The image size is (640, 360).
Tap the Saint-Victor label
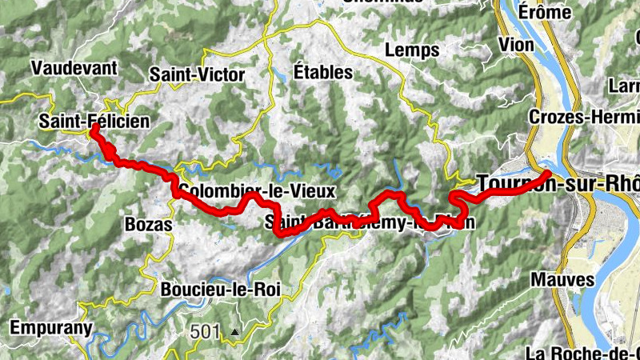coord(197,74)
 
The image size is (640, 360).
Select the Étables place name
coord(322,71)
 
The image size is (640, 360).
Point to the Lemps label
coord(412,50)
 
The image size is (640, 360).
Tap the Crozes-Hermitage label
coord(584,117)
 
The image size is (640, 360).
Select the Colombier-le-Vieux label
coord(256,191)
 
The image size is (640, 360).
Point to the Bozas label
coord(149,225)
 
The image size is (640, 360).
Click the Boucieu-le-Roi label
coord(220,290)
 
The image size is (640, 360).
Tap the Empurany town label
coord(51,327)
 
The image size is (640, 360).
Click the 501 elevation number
coord(204,330)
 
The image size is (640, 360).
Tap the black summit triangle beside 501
coord(234,331)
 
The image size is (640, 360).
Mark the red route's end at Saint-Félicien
coord(94,127)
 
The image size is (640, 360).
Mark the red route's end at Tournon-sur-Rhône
coord(547,174)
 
